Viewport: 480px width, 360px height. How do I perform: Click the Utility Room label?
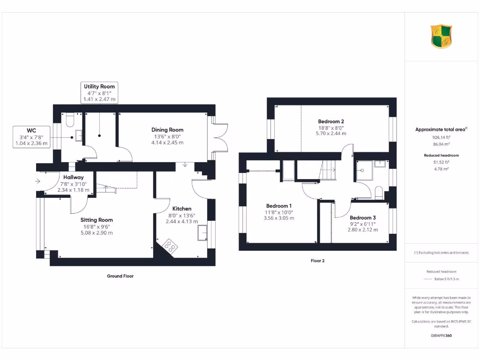coord(99,86)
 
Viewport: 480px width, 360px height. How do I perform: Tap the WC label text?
coord(31,130)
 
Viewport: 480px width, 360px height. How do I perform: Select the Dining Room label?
coord(167,130)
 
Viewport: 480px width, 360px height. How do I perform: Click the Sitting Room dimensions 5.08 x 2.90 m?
coord(97,232)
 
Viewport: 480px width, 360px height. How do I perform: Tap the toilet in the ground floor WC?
coord(69,120)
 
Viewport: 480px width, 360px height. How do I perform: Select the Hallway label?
coord(74,177)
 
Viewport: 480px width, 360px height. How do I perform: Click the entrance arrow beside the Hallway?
coord(38,181)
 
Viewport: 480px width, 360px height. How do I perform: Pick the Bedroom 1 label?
coord(279,206)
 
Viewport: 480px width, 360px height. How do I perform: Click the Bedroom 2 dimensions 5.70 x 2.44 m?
coord(331,134)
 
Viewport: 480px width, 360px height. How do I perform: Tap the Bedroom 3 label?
coord(363,217)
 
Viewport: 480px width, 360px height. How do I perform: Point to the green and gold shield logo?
coord(442,37)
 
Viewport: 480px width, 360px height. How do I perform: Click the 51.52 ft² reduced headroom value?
coord(441,162)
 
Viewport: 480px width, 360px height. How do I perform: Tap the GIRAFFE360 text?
coord(441,336)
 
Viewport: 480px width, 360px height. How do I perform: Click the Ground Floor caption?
coord(120,276)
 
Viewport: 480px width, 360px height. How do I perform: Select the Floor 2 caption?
coord(317,261)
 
